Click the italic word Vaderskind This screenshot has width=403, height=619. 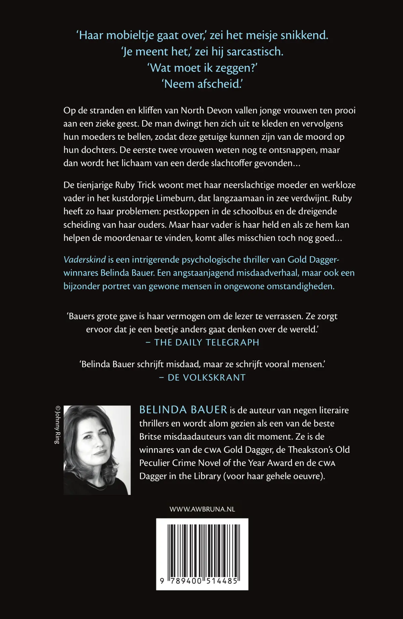(85, 260)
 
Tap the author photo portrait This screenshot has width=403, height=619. (97, 450)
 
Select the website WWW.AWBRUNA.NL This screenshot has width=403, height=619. (202, 509)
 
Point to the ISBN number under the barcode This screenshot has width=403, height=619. (199, 581)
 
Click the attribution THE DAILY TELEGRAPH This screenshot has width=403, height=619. (207, 343)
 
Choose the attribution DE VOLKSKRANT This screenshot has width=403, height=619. (207, 378)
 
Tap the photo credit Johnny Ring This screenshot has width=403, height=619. (57, 425)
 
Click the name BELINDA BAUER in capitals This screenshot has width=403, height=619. (183, 410)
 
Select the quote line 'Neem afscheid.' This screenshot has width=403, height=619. (202, 84)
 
